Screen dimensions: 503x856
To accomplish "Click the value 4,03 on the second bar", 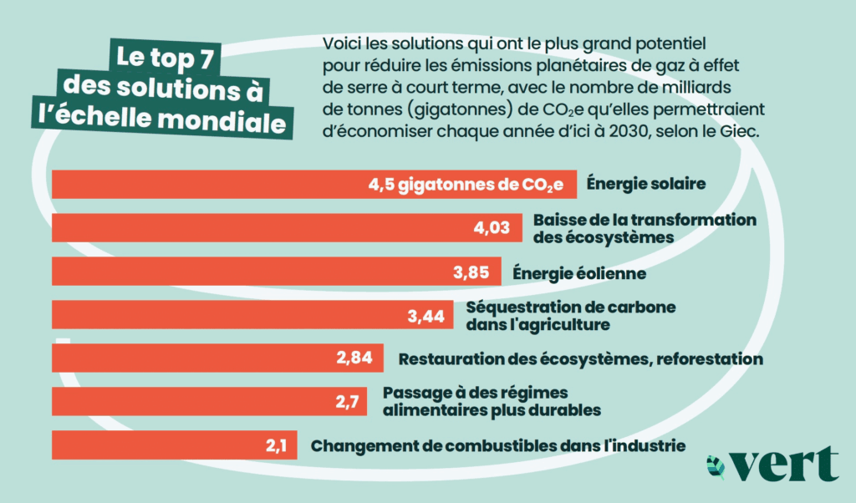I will point(492,228).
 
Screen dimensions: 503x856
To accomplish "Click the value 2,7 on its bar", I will point(347,402).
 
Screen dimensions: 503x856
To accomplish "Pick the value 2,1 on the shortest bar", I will point(277,445).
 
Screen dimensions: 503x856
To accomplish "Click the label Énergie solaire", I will point(646,184).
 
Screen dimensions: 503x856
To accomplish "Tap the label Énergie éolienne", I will point(578,272).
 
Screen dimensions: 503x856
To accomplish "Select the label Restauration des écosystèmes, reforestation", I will point(581,359).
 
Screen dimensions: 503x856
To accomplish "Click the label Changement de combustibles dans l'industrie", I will point(498,445).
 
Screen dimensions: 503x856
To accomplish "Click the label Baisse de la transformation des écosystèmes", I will point(645,227).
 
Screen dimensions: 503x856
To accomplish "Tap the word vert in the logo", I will point(785,465).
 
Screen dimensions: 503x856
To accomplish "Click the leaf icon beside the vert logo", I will point(716,466).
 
